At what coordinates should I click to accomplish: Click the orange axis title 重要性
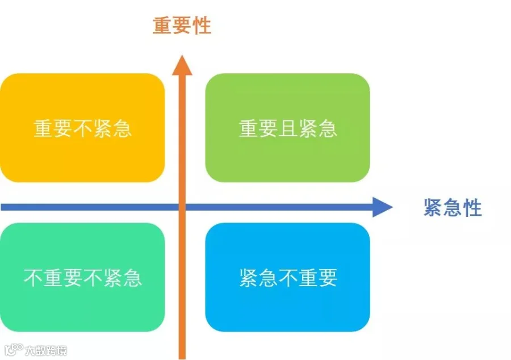tap(182, 26)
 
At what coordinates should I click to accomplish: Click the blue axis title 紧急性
tap(453, 208)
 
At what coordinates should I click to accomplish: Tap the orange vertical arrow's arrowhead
tap(182, 65)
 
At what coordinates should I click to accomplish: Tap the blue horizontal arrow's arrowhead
tap(383, 207)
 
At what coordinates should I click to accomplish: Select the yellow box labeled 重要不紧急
tap(82, 128)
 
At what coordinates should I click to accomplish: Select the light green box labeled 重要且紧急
tap(287, 128)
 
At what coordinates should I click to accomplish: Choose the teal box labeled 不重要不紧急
tap(82, 277)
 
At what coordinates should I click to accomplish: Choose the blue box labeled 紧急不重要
tap(287, 277)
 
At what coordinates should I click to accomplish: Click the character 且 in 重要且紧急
tap(288, 128)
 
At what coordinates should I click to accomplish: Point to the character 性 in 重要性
tap(202, 26)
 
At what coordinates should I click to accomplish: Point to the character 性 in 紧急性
tap(472, 208)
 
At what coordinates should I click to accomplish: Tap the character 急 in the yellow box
tap(122, 128)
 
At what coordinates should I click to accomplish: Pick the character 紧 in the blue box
tap(249, 278)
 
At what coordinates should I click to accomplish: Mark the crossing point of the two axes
tap(182, 207)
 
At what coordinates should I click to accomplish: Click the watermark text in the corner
tap(46, 350)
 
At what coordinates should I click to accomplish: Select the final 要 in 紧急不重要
tap(328, 278)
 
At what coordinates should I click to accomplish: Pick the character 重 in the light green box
tap(249, 128)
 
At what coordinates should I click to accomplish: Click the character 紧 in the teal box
tap(112, 278)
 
